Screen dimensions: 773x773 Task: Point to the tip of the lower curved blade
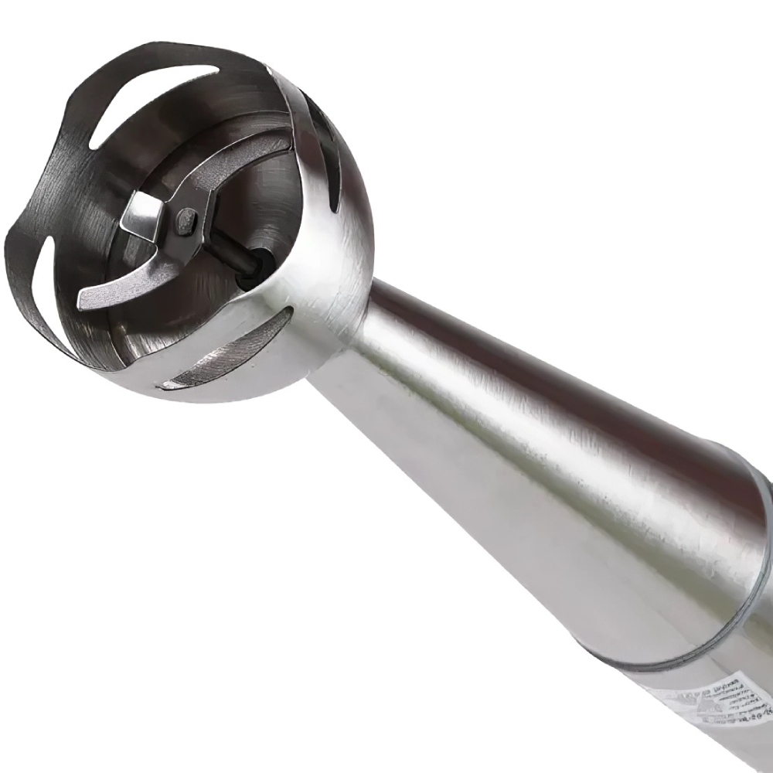click(x=89, y=300)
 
